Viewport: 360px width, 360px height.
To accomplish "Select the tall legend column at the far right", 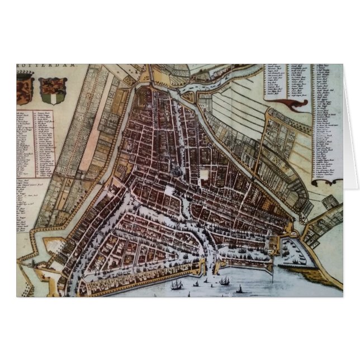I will (327, 120).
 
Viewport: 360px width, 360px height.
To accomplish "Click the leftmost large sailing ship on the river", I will (177, 285).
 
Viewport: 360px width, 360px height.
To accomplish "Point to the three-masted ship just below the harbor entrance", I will (224, 281).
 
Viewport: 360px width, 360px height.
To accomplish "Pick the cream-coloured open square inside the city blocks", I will (205, 174).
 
